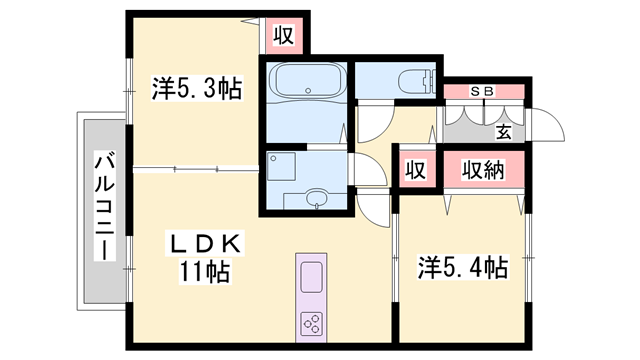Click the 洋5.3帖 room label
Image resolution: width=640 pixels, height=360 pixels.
(196, 88)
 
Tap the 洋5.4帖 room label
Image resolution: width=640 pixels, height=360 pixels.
(462, 267)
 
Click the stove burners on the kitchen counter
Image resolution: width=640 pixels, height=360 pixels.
(310, 322)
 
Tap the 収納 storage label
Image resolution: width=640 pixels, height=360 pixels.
(483, 170)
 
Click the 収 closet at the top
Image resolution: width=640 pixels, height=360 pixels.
(283, 36)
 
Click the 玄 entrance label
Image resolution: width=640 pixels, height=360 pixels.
(505, 130)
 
